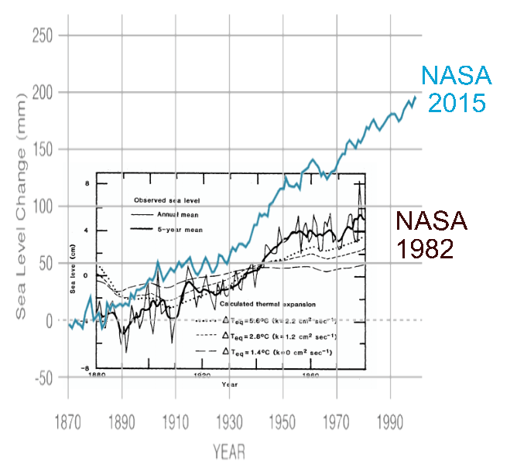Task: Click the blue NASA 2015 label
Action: pos(455,89)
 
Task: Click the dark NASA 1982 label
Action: pos(432,236)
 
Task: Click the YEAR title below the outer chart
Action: pos(230,450)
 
